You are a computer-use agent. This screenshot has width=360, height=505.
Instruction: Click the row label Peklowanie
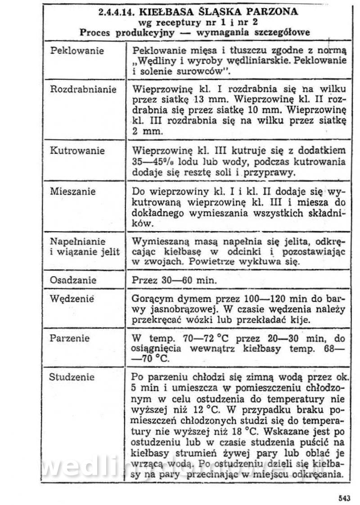(x=77, y=51)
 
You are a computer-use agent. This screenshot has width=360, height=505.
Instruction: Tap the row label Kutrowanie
(x=77, y=151)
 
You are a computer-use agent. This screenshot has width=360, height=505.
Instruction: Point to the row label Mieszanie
(x=73, y=192)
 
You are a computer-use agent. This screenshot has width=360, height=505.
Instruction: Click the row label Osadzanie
(x=73, y=280)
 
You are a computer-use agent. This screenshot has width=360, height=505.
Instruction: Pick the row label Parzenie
(x=70, y=338)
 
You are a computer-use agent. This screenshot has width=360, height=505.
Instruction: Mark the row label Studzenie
(x=72, y=377)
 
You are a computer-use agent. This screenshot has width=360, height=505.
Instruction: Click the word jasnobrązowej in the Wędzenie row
(x=179, y=309)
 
